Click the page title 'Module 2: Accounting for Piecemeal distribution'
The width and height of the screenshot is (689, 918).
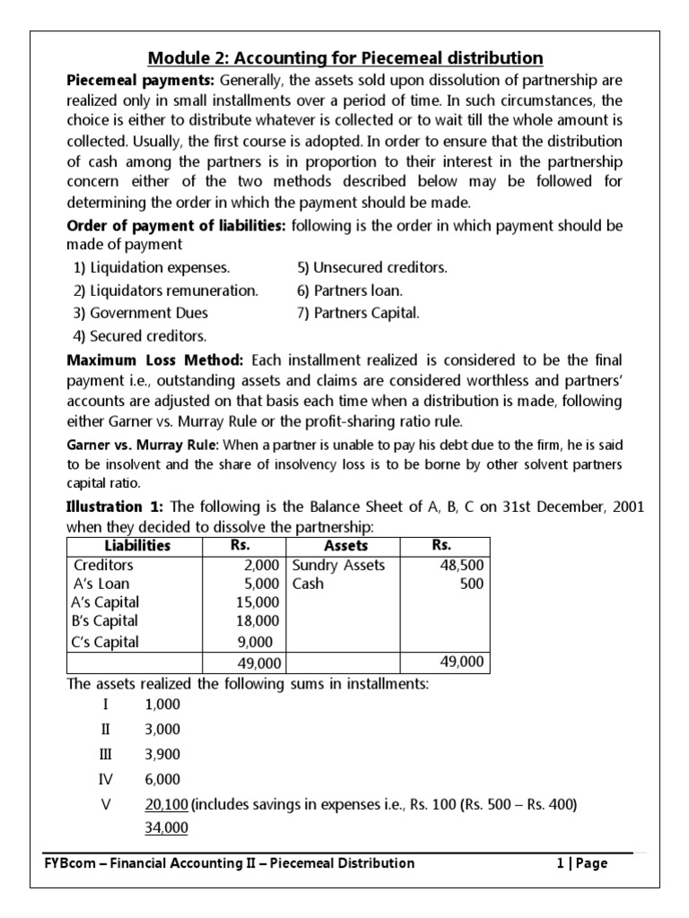(345, 58)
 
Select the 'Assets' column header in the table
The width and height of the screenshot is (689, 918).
(345, 546)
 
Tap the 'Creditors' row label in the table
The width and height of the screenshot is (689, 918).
(103, 565)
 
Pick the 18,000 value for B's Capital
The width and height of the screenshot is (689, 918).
(260, 620)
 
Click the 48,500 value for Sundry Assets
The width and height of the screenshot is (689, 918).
(462, 565)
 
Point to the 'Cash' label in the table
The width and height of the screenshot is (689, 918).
(308, 584)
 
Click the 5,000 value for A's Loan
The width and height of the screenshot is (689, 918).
(264, 584)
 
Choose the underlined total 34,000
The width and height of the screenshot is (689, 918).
(166, 827)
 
